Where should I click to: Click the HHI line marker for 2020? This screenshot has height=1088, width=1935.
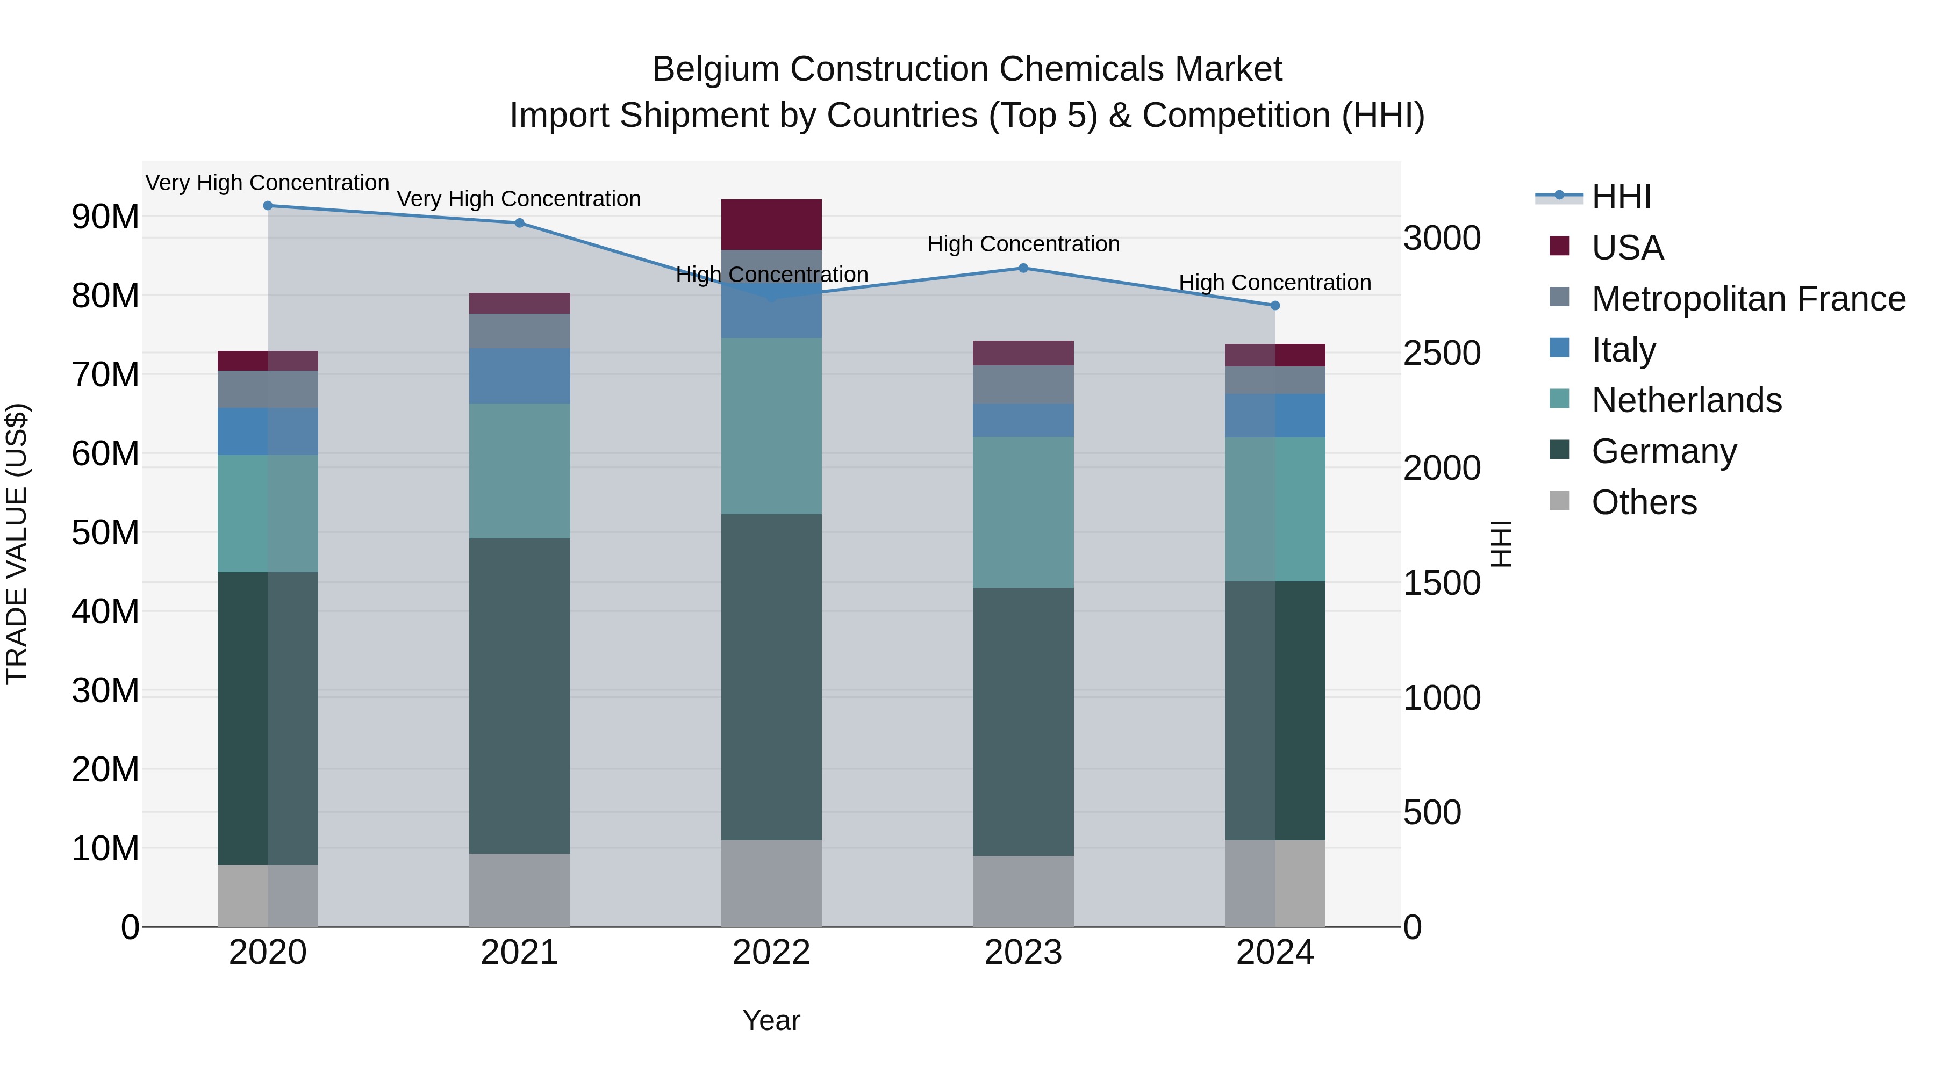268,206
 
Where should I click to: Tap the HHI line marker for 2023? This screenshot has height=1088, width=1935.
1023,268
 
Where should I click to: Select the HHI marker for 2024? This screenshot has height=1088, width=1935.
1275,306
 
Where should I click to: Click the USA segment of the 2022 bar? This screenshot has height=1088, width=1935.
771,225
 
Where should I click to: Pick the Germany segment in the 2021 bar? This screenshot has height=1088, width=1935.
520,695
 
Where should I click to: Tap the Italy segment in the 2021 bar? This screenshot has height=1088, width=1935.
520,376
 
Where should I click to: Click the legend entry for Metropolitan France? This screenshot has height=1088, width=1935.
1748,299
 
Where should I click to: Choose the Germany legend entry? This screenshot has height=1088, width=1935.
1664,451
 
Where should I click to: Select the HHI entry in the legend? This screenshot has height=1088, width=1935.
1621,197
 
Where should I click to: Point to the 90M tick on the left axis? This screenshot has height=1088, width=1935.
105,217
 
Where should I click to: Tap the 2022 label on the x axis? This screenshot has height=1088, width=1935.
771,953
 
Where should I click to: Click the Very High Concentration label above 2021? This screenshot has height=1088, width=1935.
519,199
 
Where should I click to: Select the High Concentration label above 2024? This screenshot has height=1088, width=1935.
1275,283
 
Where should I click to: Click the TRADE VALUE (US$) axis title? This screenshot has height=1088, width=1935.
17,544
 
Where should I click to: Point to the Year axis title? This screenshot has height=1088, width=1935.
771,1020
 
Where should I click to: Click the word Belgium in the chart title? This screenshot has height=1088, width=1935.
716,69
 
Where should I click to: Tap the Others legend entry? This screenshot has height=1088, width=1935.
1644,502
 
